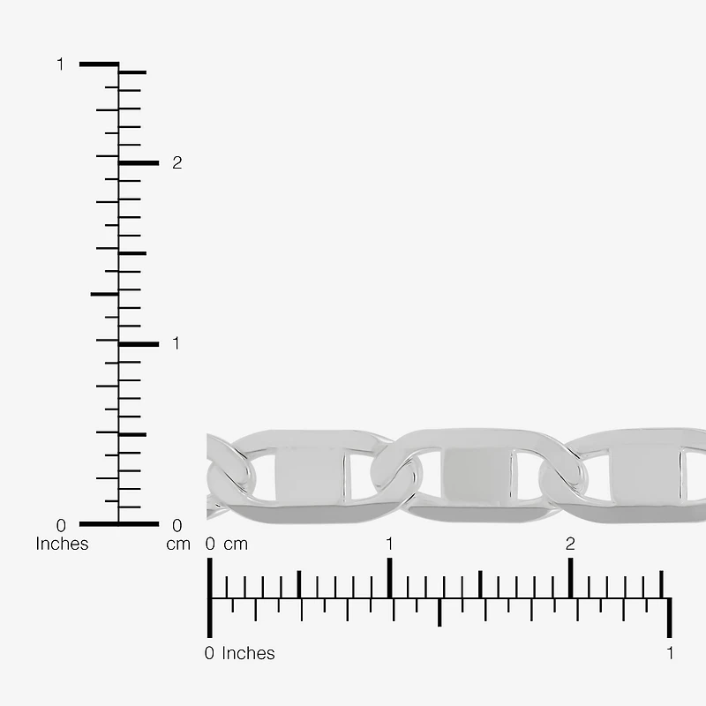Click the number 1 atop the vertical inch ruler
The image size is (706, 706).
click(60, 64)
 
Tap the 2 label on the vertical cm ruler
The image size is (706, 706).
click(177, 163)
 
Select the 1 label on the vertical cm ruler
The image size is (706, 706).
click(176, 343)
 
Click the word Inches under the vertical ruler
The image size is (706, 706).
click(62, 544)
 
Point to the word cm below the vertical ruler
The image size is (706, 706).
click(178, 545)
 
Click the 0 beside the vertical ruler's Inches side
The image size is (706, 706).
click(61, 525)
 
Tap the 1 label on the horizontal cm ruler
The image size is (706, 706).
click(389, 544)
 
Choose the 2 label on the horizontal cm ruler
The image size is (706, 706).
click(570, 544)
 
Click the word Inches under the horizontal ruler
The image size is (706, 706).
click(248, 653)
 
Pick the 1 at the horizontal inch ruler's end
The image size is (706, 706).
click(671, 653)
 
